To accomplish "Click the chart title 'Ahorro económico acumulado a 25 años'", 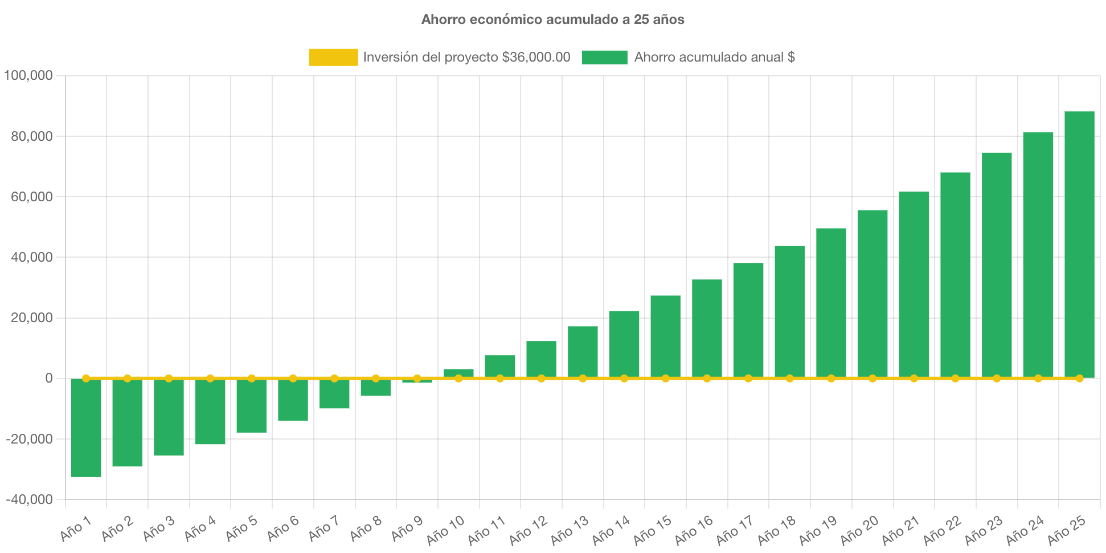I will click(552, 19).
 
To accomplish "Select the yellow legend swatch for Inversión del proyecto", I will click(333, 57).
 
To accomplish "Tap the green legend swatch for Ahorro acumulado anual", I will click(604, 57).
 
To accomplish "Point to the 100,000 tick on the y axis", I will click(28, 75).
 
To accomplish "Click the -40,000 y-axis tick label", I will click(29, 499).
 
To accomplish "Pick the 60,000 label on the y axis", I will click(31, 197).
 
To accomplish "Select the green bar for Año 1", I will click(86, 428).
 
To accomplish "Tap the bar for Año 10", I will click(458, 373).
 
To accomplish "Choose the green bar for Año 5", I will click(252, 405).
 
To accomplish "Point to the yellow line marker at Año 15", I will click(665, 379).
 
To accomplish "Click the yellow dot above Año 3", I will click(169, 379).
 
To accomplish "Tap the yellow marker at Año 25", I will click(1079, 379).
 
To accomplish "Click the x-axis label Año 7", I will click(323, 528).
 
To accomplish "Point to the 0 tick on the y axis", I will click(48, 378).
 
